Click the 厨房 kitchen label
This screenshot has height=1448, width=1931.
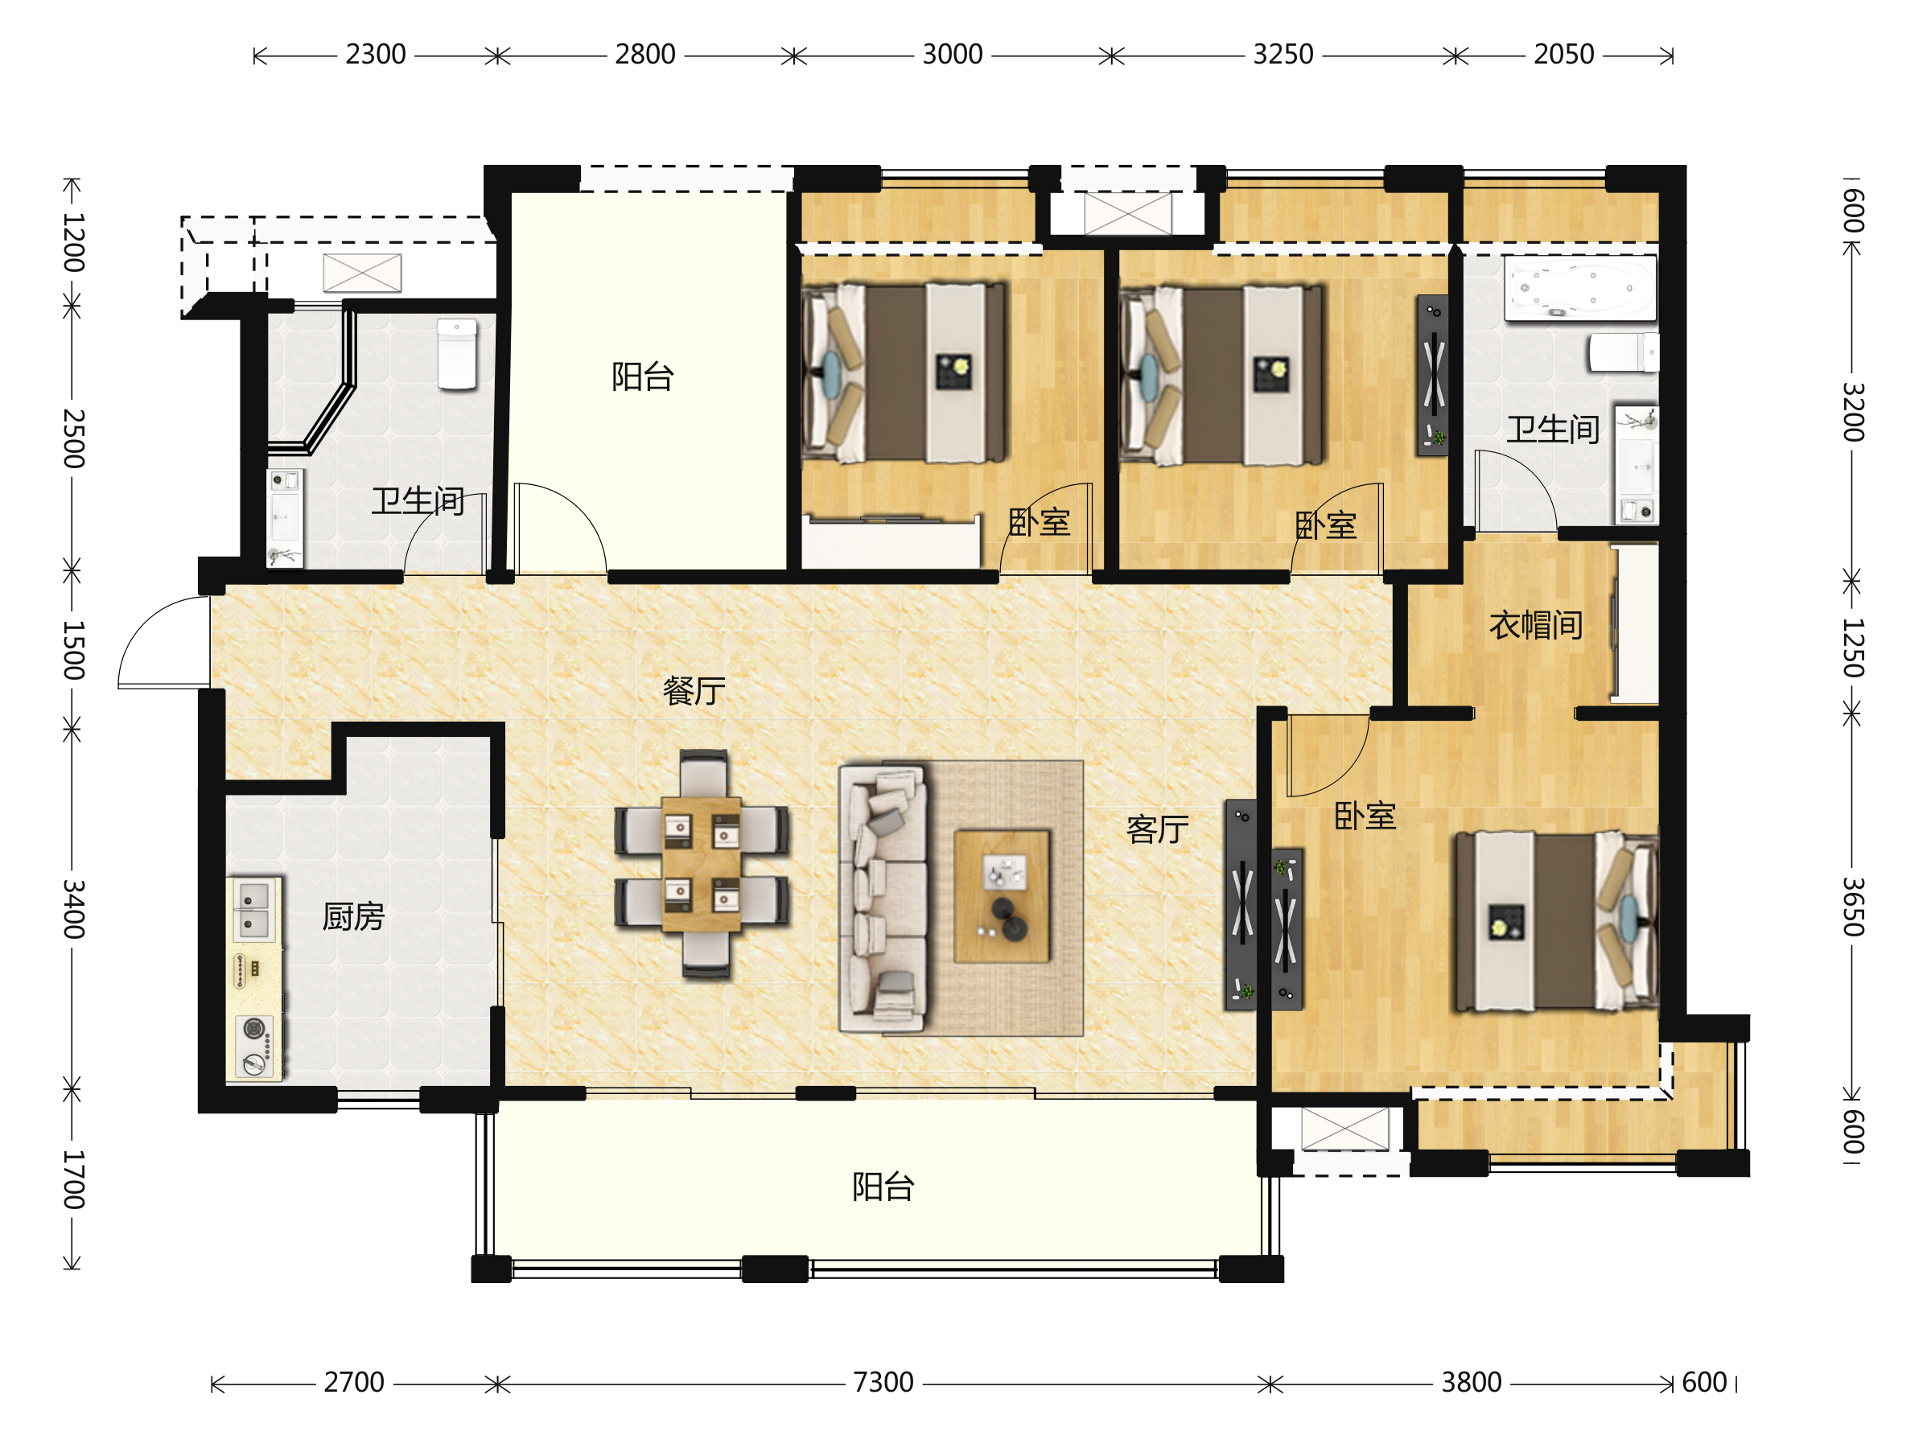pyautogui.click(x=353, y=916)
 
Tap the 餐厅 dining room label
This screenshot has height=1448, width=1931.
pyautogui.click(x=694, y=690)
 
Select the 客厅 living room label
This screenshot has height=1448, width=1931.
pyautogui.click(x=1158, y=829)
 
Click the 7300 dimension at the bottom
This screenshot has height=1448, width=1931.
pyautogui.click(x=883, y=1383)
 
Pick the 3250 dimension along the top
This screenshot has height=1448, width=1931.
pyautogui.click(x=1283, y=54)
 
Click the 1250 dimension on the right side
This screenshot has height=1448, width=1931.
pyautogui.click(x=1852, y=648)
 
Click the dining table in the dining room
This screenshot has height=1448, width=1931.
pyautogui.click(x=701, y=864)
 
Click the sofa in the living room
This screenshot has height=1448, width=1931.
pyautogui.click(x=883, y=899)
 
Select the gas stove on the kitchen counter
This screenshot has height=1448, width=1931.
pyautogui.click(x=254, y=1047)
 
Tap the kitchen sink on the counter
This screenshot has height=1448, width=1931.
pyautogui.click(x=253, y=910)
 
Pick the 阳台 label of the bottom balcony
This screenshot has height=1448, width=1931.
pyautogui.click(x=883, y=1187)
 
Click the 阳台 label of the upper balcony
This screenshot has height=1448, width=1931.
pyautogui.click(x=643, y=377)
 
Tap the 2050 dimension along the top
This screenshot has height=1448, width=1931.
pyautogui.click(x=1563, y=54)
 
